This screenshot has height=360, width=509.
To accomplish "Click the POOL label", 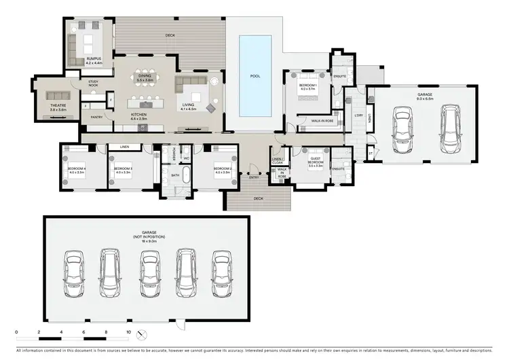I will click(x=254, y=76).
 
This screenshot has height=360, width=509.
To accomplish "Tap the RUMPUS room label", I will click(x=93, y=60).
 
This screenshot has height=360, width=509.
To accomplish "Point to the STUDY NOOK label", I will click(x=93, y=84).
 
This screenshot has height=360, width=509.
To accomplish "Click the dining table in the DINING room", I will click(x=145, y=75).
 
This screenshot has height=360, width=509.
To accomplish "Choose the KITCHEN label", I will click(x=138, y=116).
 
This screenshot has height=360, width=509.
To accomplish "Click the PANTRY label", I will click(x=97, y=117).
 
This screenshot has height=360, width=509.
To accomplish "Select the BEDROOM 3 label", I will click(x=122, y=169).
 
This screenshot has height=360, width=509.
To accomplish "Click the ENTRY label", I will click(x=253, y=177).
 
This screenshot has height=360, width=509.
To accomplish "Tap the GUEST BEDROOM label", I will click(x=315, y=163).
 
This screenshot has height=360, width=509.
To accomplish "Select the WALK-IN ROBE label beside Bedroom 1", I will click(x=320, y=121).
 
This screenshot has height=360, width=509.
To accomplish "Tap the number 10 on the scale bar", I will click(x=128, y=332).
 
